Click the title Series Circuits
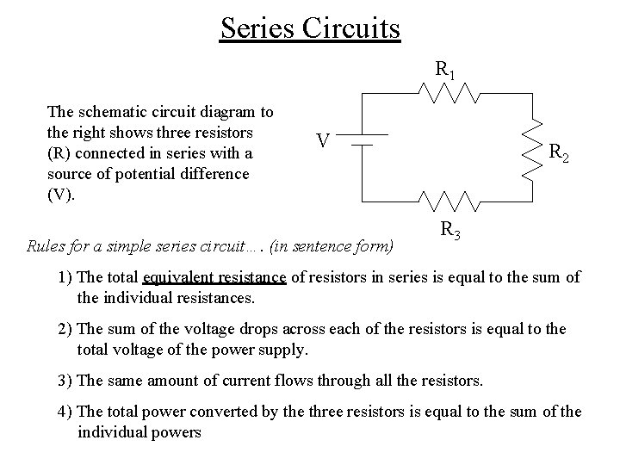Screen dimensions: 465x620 [310, 28]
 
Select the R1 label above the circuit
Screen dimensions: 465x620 [445, 69]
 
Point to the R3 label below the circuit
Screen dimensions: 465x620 [449, 230]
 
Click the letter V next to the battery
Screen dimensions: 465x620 [321, 139]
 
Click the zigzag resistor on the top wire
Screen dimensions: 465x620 [448, 91]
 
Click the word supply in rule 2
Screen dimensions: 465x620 [284, 350]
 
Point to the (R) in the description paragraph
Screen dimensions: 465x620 [59, 153]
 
